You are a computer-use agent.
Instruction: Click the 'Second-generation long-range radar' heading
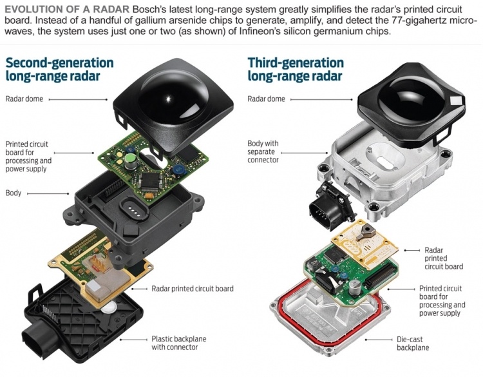tap(59, 69)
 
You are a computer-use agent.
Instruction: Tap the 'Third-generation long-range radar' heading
tap(296, 69)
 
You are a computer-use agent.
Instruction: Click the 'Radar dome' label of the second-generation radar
tap(24, 99)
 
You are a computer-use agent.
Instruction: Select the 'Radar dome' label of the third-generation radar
tap(266, 99)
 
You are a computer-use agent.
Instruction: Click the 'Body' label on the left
tap(14, 193)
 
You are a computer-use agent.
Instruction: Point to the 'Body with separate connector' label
tap(263, 151)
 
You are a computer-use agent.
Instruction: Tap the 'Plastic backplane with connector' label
tap(178, 343)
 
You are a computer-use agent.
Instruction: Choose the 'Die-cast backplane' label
tap(412, 343)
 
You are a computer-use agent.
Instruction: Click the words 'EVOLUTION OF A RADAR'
tap(67, 9)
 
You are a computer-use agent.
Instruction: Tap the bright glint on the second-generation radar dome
tap(168, 99)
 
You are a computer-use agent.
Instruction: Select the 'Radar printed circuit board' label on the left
tap(193, 289)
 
